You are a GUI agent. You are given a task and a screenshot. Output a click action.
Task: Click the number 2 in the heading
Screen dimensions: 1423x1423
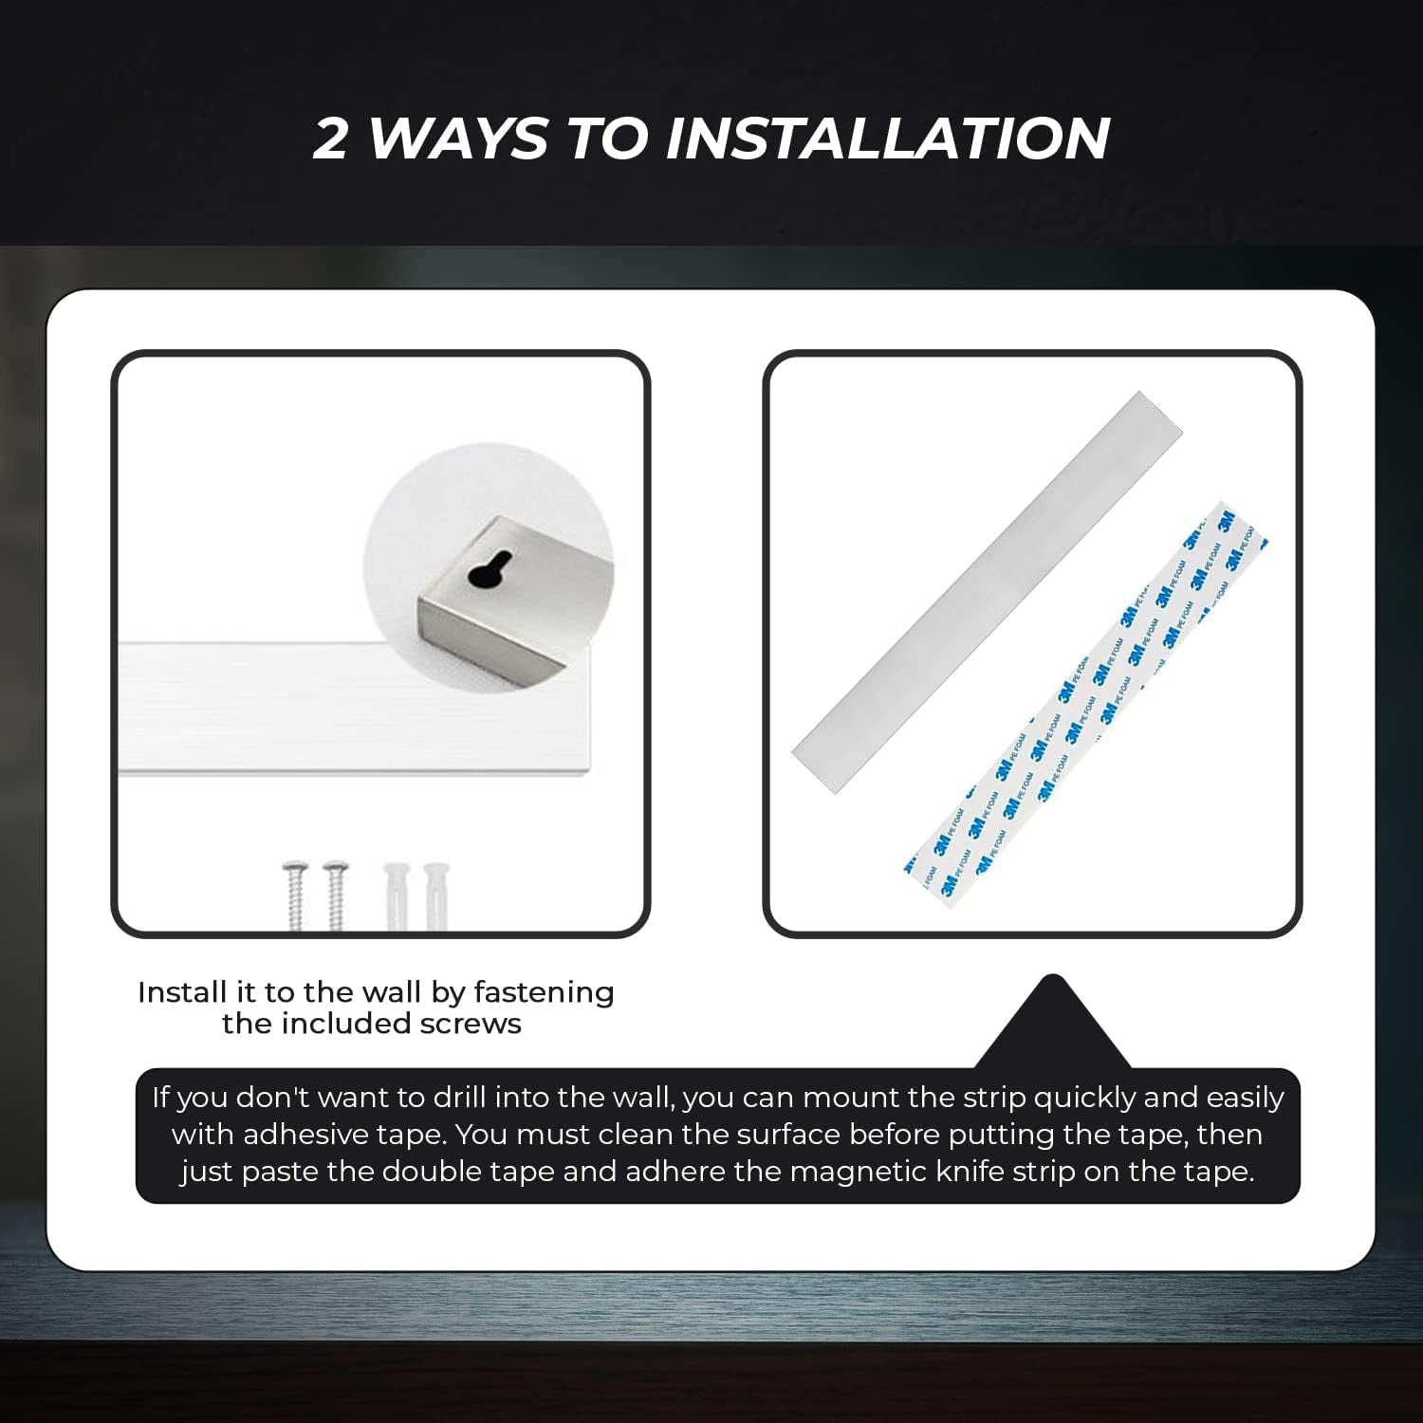pos(330,139)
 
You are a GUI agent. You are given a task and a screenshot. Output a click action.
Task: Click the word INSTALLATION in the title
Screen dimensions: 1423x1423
pos(887,139)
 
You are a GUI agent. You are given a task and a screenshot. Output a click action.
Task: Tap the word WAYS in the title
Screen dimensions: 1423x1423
pos(457,139)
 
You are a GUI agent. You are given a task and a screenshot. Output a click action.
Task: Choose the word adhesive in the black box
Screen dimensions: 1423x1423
pos(304,1135)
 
